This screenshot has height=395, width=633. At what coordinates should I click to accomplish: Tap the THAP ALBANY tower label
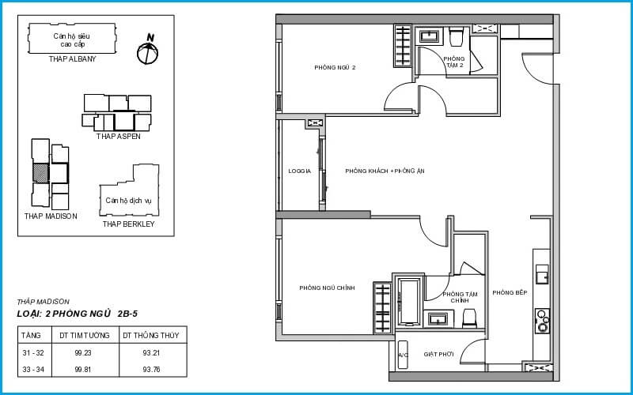(73, 58)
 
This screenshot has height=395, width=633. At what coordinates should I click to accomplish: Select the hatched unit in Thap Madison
(41, 173)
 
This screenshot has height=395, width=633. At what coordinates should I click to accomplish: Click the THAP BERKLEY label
(128, 224)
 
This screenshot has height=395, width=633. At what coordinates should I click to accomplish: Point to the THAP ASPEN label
(118, 137)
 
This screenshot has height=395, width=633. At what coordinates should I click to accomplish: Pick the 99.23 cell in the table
(83, 352)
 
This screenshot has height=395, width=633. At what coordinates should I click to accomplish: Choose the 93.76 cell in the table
(151, 369)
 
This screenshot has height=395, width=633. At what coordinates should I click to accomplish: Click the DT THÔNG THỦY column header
(150, 335)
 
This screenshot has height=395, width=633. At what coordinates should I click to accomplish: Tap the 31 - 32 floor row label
(33, 352)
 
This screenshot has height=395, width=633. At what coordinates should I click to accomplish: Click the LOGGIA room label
(300, 171)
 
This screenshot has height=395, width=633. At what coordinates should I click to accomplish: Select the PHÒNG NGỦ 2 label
(335, 67)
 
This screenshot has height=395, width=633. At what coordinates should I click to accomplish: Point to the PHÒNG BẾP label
(510, 293)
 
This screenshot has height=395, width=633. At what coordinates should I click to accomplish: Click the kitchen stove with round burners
(542, 321)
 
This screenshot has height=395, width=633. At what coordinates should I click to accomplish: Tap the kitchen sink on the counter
(542, 274)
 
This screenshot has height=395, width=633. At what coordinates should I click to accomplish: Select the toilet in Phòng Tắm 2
(456, 36)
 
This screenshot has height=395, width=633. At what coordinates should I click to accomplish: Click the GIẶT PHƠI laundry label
(438, 354)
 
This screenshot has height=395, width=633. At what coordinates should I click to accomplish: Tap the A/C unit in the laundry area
(403, 355)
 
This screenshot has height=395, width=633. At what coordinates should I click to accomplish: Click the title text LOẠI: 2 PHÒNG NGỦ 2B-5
(78, 314)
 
